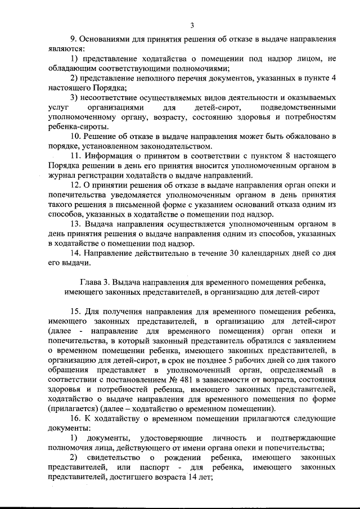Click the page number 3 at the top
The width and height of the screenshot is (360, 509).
[x=192, y=25]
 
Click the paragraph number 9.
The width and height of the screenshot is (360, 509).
[x=73, y=40]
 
